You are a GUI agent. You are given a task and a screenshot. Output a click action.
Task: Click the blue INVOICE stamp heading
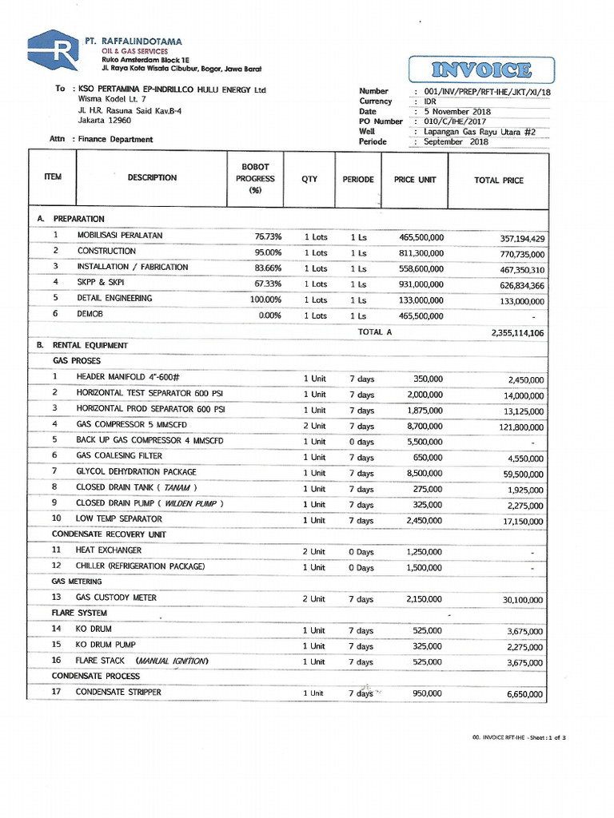(x=481, y=70)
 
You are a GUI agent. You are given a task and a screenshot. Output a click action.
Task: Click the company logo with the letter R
(x=52, y=52)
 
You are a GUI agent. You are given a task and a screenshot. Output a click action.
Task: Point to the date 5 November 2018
(x=458, y=112)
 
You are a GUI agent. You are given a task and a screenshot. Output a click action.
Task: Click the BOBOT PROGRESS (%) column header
(x=255, y=179)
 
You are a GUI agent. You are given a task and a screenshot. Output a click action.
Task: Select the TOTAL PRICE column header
(x=498, y=181)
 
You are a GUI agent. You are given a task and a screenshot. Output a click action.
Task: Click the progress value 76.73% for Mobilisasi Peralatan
(x=268, y=236)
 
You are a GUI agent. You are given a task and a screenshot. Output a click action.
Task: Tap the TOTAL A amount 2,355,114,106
(x=517, y=333)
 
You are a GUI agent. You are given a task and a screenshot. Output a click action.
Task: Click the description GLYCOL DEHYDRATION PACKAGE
(x=136, y=472)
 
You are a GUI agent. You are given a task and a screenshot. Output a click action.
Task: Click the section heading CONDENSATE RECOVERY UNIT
(x=109, y=534)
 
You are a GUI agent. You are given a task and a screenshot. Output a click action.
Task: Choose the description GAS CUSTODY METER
(x=116, y=598)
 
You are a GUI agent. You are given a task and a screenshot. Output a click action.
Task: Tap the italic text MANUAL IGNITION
(x=172, y=661)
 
